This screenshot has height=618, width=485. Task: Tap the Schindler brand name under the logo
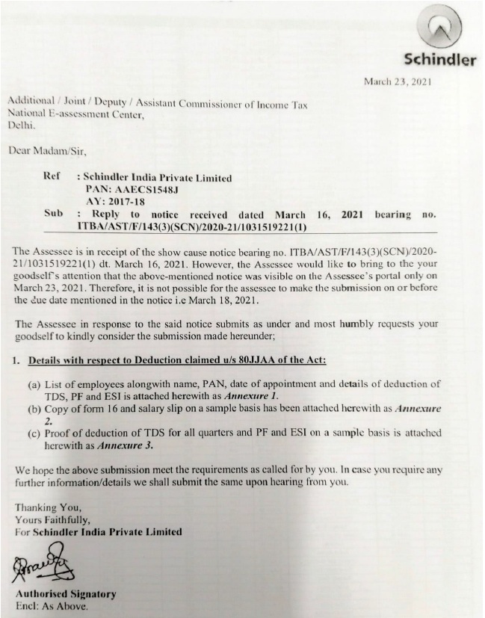(438, 61)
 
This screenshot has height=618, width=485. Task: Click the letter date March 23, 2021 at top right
(398, 81)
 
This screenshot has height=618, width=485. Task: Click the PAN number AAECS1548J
(137, 190)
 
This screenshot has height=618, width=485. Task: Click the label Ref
(52, 178)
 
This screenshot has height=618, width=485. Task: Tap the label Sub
(53, 214)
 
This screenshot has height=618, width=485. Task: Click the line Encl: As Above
(52, 605)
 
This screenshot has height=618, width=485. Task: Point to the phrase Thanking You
(44, 507)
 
